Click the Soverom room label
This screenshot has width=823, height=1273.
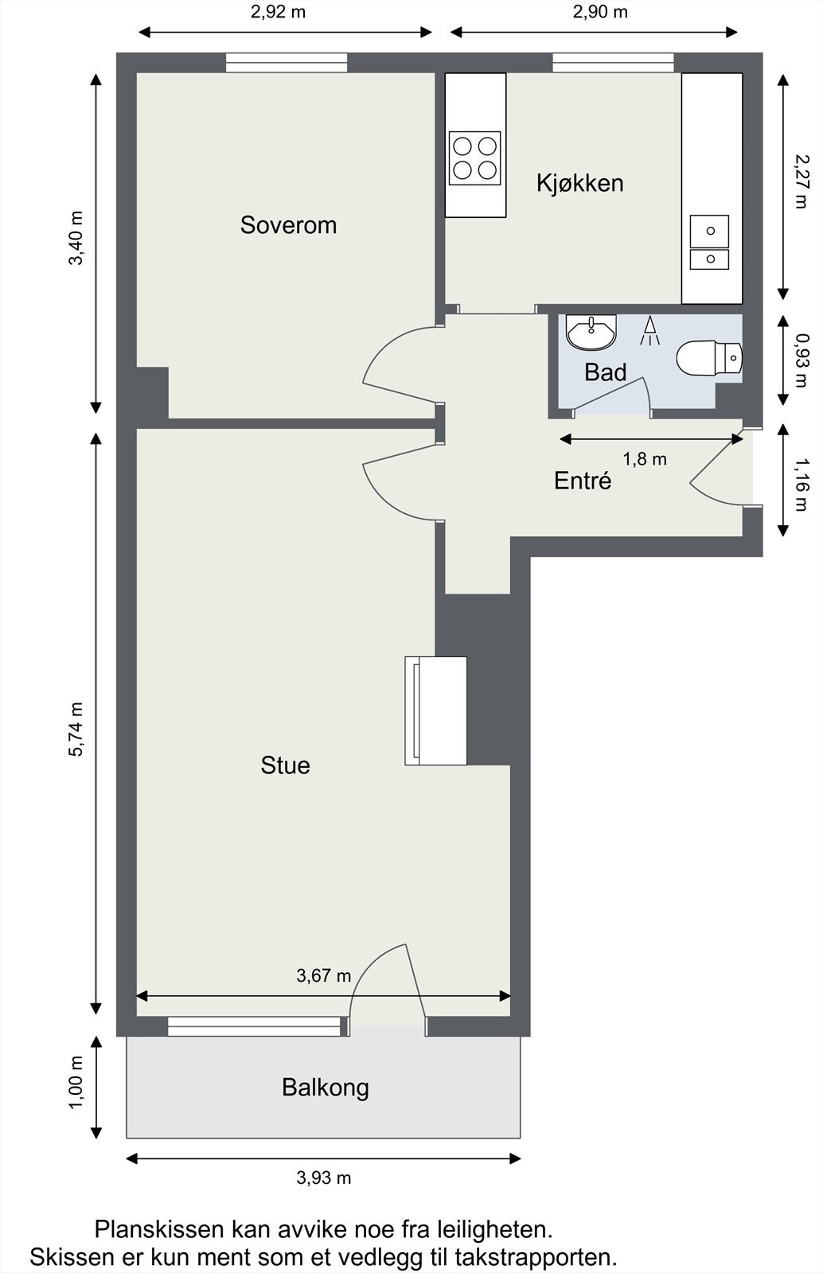coord(288,225)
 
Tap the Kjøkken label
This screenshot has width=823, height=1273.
coord(579,183)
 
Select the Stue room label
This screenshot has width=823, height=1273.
coord(285,765)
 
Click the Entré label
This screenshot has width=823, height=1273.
coord(583,481)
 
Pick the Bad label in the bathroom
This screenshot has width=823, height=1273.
coord(606,373)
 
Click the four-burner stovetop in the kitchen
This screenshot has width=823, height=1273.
coord(474,158)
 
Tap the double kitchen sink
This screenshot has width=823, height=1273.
coord(709,243)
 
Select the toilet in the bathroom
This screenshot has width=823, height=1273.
coord(709,357)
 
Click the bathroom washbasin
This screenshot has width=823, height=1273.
coord(591,333)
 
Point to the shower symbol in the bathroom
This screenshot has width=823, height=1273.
coord(649,331)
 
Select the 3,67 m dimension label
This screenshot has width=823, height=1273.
coord(323,975)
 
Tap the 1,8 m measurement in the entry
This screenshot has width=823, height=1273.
coord(645,459)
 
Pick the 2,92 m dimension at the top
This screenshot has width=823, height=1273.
coord(278,12)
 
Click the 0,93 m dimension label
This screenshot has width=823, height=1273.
coord(801,360)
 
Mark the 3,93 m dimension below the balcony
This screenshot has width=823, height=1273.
coord(323,1178)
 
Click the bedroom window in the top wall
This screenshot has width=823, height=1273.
coord(287,63)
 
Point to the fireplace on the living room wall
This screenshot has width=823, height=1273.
coord(436,710)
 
